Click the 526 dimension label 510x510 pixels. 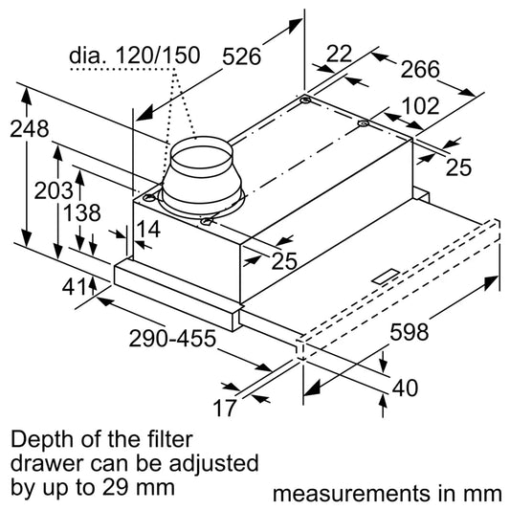point(242,55)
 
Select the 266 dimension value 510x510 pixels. point(419,69)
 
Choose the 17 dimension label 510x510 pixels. point(224,410)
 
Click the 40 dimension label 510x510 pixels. point(404,388)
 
